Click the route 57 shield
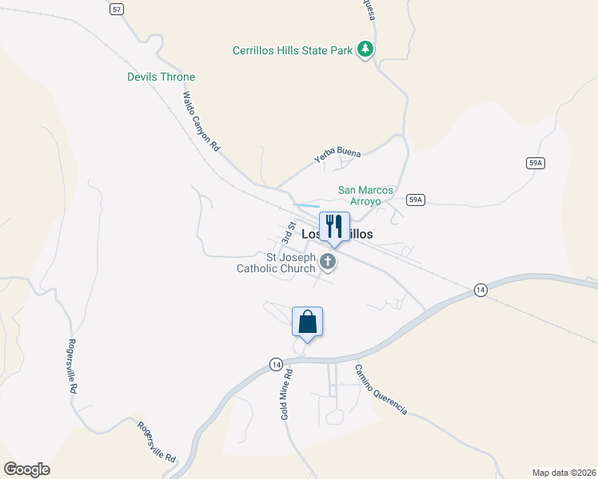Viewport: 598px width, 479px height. (118, 8)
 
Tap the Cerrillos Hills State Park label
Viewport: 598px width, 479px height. (292, 50)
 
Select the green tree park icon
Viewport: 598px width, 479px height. (365, 49)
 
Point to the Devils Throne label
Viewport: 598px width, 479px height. (161, 77)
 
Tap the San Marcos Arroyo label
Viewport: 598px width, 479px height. (365, 196)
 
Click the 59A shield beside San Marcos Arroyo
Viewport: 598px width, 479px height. (414, 200)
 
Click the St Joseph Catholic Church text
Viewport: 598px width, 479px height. (276, 263)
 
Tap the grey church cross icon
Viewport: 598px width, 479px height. (328, 261)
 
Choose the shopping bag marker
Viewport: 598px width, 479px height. (307, 323)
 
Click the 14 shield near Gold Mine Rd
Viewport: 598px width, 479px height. (275, 364)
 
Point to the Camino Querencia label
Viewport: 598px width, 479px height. (381, 390)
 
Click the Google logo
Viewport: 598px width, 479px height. (26, 469)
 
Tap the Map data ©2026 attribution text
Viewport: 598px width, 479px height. (564, 472)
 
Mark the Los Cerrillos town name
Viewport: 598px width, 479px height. (337, 234)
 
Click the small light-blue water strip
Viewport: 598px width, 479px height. (307, 206)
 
